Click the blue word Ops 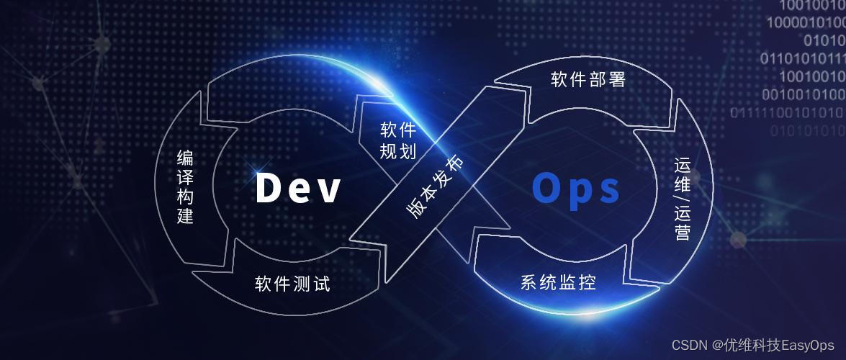(x=576, y=188)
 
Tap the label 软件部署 (x=588, y=79)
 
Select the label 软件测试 (x=292, y=284)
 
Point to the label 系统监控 (x=559, y=282)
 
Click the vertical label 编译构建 (x=185, y=186)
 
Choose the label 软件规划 (x=398, y=141)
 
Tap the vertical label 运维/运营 (x=683, y=199)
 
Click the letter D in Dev (x=267, y=188)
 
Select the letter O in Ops (x=545, y=188)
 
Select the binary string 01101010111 (x=802, y=58)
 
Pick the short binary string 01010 (x=824, y=40)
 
